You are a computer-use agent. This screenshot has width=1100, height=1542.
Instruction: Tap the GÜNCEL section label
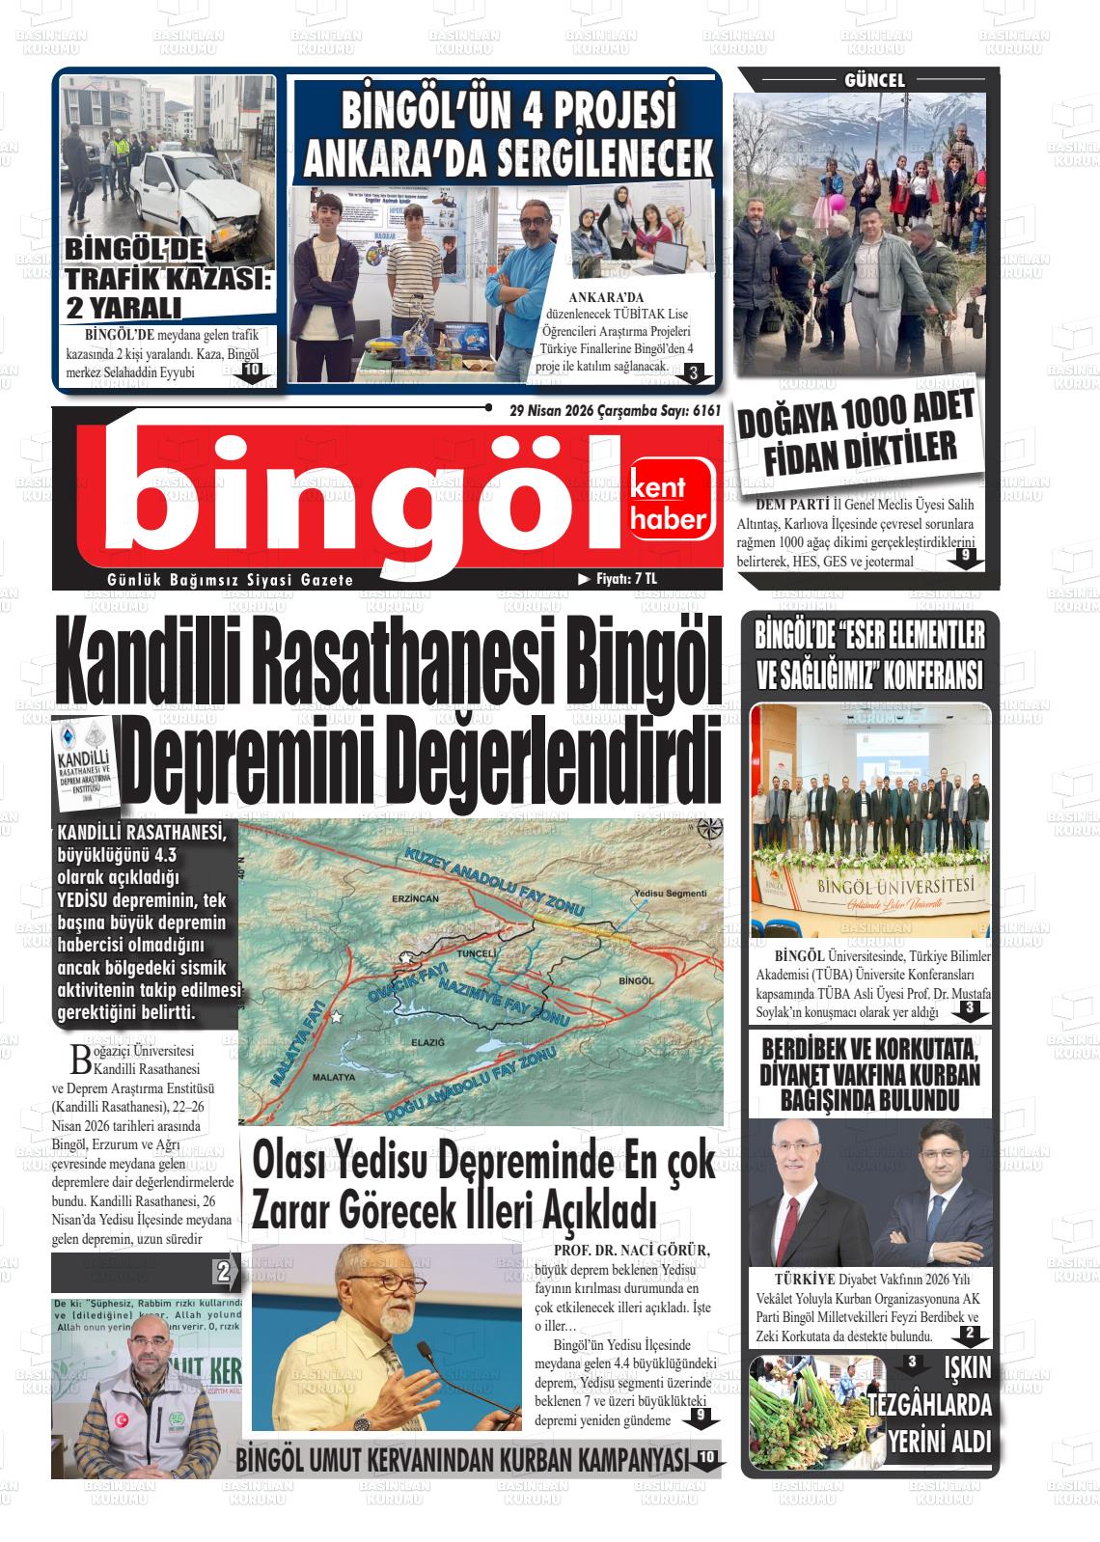point(874,81)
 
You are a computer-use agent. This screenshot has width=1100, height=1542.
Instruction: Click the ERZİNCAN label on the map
point(415,898)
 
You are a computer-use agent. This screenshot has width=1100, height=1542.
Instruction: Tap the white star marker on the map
point(337,1017)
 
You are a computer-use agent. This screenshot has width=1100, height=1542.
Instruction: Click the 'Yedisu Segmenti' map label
point(672,894)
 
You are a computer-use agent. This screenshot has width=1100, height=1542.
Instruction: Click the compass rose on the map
point(709,829)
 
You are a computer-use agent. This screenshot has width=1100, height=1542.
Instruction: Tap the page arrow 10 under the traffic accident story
point(251,372)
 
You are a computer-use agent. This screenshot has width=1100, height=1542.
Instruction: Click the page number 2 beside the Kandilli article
point(223,1272)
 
